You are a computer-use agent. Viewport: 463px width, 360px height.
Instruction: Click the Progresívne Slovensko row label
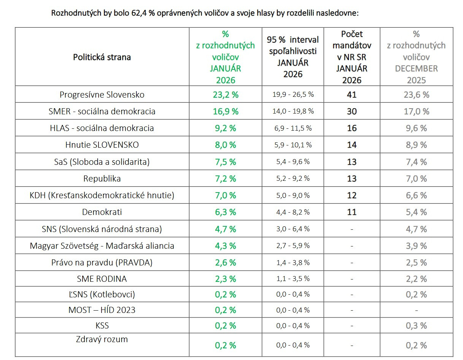tap(102, 95)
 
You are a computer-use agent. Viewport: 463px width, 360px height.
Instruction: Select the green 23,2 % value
tap(225, 95)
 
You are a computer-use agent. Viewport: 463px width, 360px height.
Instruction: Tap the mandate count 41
tap(352, 95)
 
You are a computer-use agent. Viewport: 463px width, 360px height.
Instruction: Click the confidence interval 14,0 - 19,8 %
tap(293, 111)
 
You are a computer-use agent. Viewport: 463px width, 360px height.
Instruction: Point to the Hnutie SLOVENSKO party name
tap(102, 145)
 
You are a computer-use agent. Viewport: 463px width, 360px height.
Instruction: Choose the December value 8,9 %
tap(416, 145)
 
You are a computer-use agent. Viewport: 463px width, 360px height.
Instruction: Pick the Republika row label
tap(102, 178)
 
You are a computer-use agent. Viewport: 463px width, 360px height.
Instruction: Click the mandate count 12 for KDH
tap(352, 195)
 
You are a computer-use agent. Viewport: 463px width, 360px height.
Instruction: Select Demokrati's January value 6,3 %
tap(225, 212)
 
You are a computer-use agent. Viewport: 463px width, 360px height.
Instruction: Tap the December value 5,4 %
tap(416, 212)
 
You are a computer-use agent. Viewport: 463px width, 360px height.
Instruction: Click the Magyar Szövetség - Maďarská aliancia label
tap(102, 246)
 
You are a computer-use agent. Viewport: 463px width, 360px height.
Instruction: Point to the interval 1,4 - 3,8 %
tap(293, 262)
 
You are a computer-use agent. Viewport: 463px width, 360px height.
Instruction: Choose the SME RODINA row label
tap(102, 279)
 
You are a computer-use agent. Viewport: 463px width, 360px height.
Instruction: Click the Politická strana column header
tap(102, 57)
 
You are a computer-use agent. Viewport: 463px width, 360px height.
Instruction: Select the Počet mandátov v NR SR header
tap(352, 57)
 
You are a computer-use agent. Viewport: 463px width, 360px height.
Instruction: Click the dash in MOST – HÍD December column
tap(416, 310)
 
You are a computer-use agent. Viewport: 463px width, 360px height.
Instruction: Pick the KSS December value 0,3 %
tap(416, 326)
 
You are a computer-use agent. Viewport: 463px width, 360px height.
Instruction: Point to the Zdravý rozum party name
tap(102, 339)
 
